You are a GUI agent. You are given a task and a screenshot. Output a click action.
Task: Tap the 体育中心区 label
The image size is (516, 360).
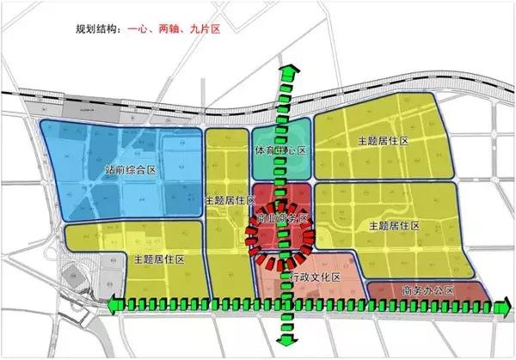(x=280, y=149)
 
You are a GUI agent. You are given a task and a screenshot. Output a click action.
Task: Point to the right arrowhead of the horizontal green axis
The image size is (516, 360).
(x=505, y=303)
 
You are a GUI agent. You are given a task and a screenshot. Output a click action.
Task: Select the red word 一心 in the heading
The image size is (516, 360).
(x=140, y=29)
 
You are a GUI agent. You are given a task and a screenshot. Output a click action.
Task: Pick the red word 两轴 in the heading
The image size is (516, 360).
(x=169, y=29)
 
